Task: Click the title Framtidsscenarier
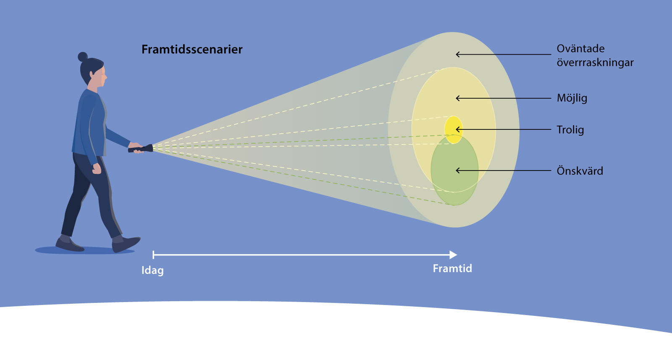[x=192, y=50]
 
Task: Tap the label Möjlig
[x=572, y=98]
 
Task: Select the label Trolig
[x=570, y=130]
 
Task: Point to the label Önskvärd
[x=580, y=171]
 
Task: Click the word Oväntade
[x=580, y=49]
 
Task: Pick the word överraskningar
[x=595, y=63]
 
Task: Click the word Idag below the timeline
[x=152, y=270]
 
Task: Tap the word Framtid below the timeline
[x=452, y=268]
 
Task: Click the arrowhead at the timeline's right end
[x=453, y=255]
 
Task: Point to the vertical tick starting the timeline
[x=153, y=255]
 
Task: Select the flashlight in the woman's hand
[x=141, y=148]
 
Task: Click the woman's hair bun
[x=83, y=57]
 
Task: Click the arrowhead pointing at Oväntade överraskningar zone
[x=458, y=54]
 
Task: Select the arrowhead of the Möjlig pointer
[x=458, y=98]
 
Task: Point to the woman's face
[x=101, y=78]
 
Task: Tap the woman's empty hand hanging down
[x=97, y=169]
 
